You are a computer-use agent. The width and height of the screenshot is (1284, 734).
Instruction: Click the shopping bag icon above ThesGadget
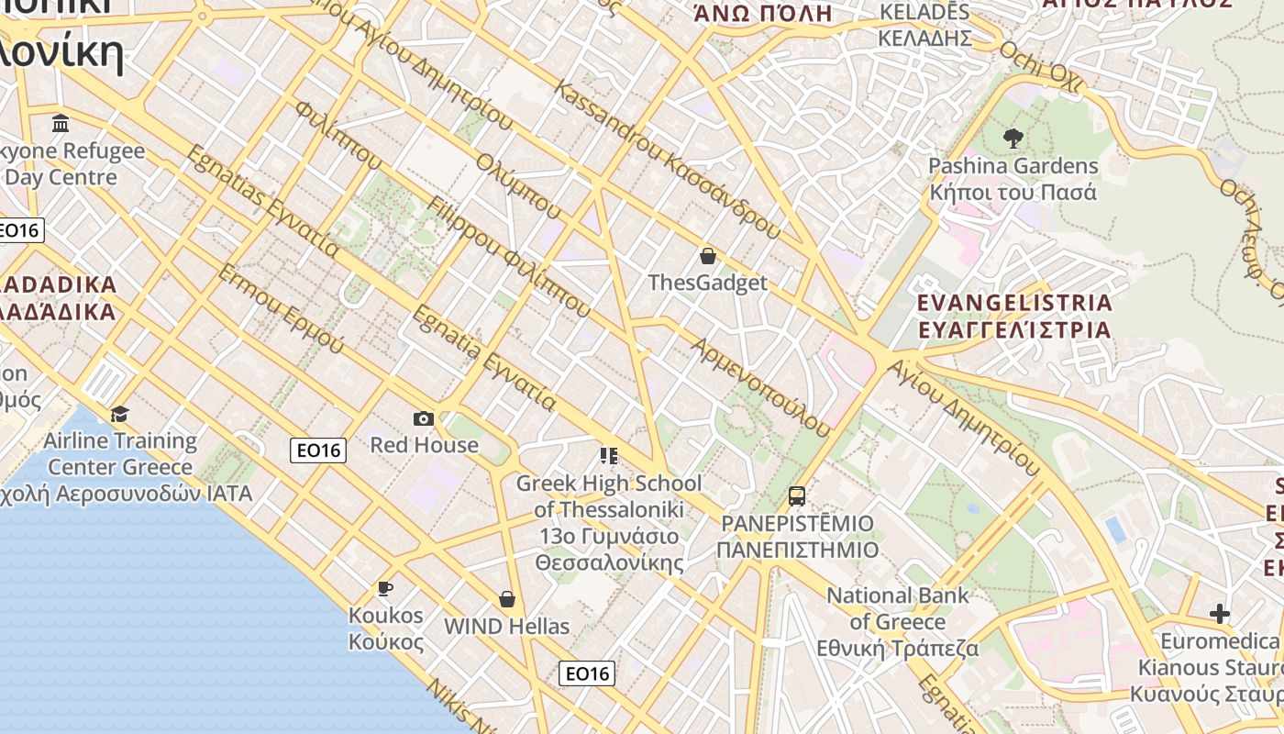click(x=707, y=255)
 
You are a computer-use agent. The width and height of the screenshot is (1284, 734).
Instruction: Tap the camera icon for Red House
click(x=423, y=418)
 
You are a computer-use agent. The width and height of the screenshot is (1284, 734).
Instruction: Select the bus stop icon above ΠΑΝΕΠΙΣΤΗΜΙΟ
click(x=796, y=496)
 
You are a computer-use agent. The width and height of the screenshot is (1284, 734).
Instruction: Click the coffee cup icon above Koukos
click(x=385, y=588)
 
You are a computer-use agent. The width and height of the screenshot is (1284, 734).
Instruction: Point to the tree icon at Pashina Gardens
click(x=1013, y=139)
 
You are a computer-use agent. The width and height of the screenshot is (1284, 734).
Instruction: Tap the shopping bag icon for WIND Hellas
click(x=507, y=599)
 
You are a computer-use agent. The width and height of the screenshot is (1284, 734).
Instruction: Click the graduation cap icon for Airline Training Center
click(x=119, y=414)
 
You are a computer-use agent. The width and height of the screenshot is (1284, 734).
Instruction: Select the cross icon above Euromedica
click(x=1219, y=613)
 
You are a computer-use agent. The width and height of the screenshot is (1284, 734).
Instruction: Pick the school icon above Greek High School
click(x=608, y=455)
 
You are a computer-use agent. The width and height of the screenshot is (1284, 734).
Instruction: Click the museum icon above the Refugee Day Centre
click(x=61, y=123)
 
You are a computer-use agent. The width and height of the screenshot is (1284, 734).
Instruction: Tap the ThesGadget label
click(x=707, y=283)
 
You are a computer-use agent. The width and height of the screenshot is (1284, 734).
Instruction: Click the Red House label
click(x=424, y=445)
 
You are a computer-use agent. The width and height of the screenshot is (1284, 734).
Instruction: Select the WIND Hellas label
click(x=506, y=627)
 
